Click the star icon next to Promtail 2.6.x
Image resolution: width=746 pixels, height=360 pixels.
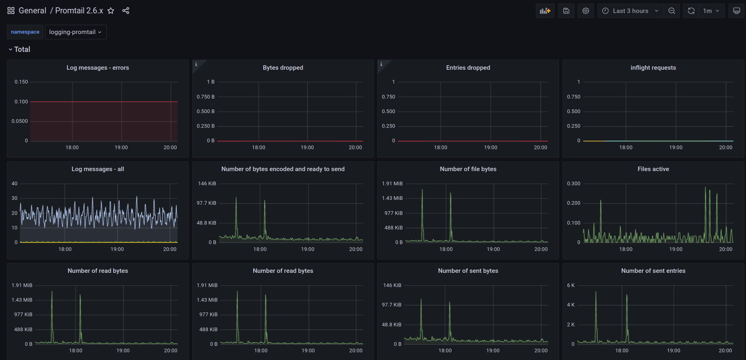(x=111, y=11)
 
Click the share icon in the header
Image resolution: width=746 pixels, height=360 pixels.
(x=126, y=11)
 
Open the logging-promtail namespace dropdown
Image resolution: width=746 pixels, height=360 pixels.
(x=75, y=32)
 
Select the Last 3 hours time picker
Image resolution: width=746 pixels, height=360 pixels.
(x=630, y=11)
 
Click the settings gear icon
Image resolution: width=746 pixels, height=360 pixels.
(x=586, y=11)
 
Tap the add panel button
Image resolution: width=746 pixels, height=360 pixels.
(x=545, y=11)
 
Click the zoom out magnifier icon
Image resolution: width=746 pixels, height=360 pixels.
(x=672, y=11)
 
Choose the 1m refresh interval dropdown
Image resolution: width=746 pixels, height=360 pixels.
(x=711, y=11)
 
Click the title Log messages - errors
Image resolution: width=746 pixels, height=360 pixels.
(x=98, y=68)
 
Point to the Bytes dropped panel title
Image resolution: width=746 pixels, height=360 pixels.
(x=283, y=68)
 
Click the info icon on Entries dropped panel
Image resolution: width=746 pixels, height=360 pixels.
(x=381, y=64)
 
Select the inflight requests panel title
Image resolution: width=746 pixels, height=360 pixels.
(x=653, y=68)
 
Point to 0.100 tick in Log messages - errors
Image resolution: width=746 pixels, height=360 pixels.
(x=21, y=102)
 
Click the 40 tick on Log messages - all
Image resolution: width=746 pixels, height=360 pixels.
(x=15, y=184)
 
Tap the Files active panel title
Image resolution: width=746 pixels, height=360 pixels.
(x=653, y=169)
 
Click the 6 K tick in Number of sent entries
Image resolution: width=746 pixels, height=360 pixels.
(x=571, y=285)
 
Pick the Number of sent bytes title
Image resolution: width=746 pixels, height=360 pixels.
(x=468, y=271)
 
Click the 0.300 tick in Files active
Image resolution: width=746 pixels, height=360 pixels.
(x=574, y=184)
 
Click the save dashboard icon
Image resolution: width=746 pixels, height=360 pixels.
(x=566, y=11)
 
